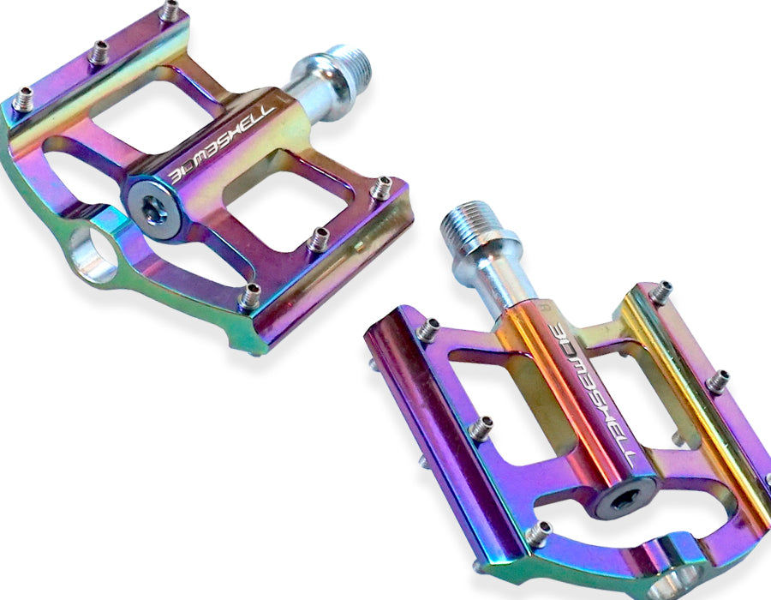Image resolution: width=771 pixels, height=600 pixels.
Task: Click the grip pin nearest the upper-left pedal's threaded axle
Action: [x=170, y=11]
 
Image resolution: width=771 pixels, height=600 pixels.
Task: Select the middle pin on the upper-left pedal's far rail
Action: [x=97, y=53]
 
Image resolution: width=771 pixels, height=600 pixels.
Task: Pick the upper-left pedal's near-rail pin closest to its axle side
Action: [x=380, y=187]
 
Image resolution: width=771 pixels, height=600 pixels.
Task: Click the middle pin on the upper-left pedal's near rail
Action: [x=319, y=239]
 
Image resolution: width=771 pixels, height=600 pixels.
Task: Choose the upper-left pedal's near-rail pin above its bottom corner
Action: [x=249, y=297]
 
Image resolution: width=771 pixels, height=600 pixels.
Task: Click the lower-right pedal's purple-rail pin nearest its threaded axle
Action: [x=427, y=328]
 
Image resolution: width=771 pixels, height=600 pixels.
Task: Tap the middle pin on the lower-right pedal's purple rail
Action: [x=481, y=427]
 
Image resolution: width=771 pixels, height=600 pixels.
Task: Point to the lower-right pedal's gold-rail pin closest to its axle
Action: [x=661, y=292]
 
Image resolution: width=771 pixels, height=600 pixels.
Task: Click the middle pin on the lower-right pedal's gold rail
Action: [x=718, y=381]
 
